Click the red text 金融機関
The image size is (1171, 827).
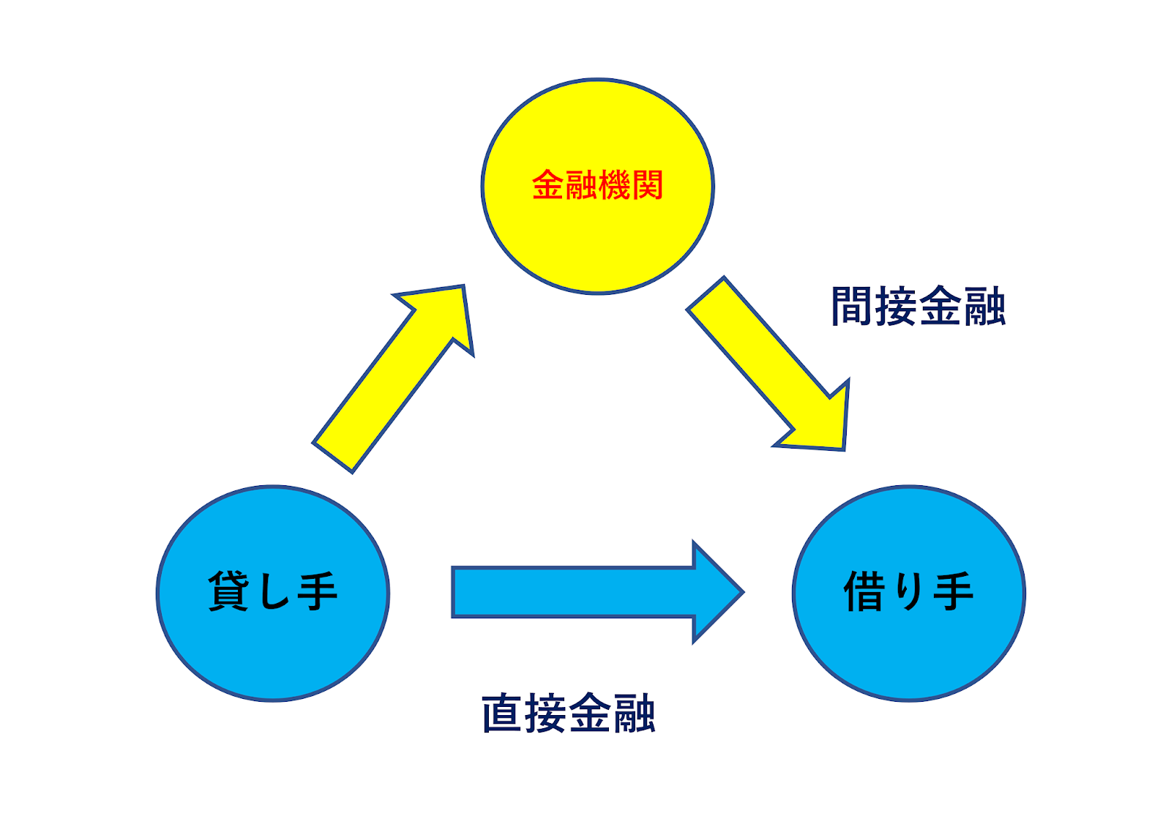[x=597, y=185]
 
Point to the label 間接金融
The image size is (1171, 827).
[x=918, y=307]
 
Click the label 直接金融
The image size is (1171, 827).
[x=568, y=714]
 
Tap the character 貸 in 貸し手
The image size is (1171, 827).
[x=228, y=591]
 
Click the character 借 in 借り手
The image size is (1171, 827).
[x=865, y=591]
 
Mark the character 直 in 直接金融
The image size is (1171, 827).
[x=502, y=714]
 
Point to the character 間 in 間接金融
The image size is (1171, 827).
[x=853, y=307]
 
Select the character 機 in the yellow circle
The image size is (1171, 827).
[x=614, y=185]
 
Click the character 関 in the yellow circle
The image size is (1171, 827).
[x=648, y=185]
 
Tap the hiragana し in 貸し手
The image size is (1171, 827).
[x=274, y=591]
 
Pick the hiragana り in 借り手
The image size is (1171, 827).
[x=910, y=591]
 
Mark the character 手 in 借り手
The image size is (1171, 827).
[x=953, y=591]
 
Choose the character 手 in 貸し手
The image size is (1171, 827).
[x=317, y=591]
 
